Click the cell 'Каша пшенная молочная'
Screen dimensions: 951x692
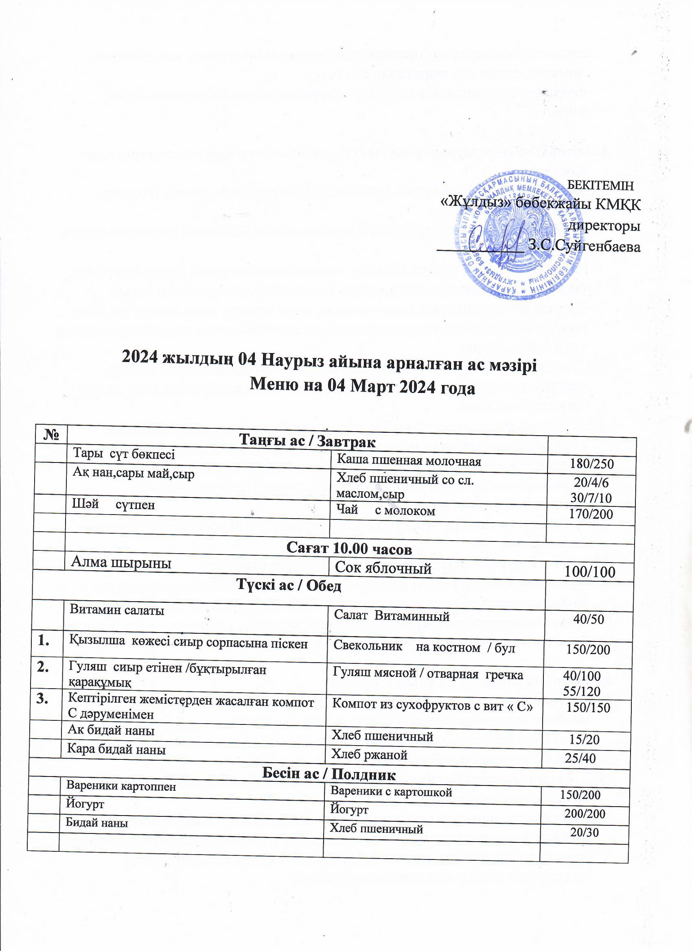coord(409,461)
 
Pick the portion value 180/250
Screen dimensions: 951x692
coord(592,464)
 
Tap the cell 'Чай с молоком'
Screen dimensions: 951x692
coord(385,511)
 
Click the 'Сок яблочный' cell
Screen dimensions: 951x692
coord(383,568)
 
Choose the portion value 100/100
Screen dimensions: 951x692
coord(590,572)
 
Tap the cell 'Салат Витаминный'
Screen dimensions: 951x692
coord(392,616)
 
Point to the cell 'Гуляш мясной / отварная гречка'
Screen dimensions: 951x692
coord(428,674)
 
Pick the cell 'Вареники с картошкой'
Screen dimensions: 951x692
coord(391,792)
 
